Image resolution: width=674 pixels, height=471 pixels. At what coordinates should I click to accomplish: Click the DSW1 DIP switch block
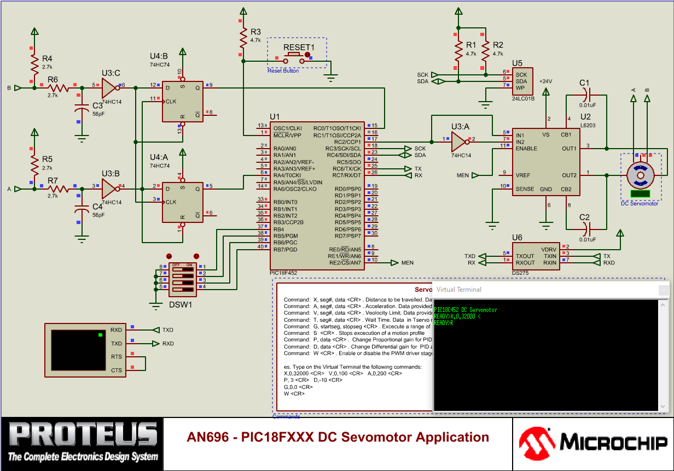[x=182, y=276]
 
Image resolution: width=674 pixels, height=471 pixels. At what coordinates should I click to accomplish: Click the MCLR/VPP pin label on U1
[x=287, y=135]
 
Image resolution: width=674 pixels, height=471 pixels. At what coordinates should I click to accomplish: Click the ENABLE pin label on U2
[x=526, y=149]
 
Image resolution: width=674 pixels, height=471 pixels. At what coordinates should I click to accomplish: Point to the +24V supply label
[x=545, y=81]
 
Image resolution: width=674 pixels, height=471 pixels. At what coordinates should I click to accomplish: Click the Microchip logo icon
[x=535, y=443]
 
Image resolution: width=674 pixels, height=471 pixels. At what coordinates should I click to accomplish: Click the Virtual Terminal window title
[x=459, y=290]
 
